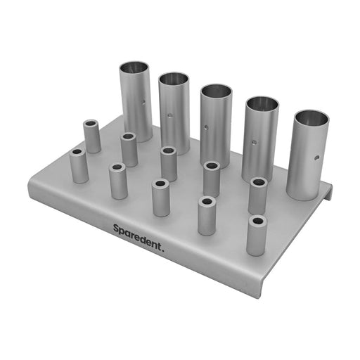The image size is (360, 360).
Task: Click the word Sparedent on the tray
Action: coord(136,237)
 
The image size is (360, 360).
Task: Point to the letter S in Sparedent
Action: coord(116,229)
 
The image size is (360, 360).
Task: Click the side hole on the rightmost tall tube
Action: coord(317,157)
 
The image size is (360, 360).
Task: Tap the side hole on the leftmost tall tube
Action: coord(143,102)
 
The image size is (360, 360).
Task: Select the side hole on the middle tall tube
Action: coord(206,128)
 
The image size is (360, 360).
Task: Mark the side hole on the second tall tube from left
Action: coord(171,115)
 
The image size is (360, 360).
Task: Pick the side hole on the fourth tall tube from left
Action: coord(254,142)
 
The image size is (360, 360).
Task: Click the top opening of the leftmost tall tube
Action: coord(134,67)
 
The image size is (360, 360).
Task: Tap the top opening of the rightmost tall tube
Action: coord(312,118)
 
